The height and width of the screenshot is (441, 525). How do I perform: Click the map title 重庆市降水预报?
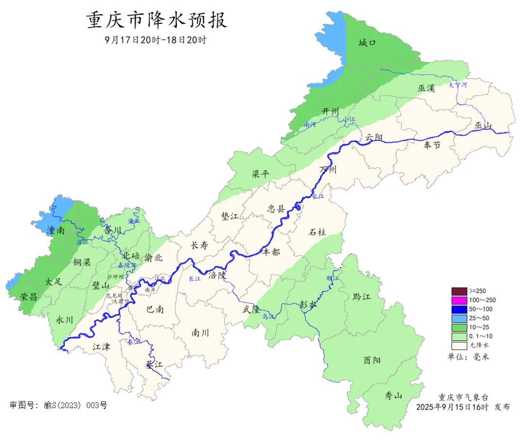click(156, 21)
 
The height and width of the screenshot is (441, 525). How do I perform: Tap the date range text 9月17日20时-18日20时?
click(156, 40)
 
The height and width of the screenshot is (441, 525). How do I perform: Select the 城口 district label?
click(367, 43)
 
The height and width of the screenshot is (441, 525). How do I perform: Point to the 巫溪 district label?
click(426, 88)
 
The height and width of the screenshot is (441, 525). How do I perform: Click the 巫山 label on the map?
click(483, 126)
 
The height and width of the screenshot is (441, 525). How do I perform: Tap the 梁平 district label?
click(260, 175)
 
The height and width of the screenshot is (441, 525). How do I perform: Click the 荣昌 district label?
click(29, 297)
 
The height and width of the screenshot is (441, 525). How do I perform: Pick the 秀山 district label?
click(394, 395)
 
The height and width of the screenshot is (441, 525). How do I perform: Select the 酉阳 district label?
click(372, 360)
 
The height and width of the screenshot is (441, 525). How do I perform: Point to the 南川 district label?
click(200, 333)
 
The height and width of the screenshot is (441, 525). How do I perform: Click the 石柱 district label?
click(317, 232)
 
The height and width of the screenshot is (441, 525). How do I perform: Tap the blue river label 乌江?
click(268, 317)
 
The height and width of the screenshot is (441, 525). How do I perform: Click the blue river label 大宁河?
click(457, 85)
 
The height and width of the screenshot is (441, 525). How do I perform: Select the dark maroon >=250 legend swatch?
click(459, 291)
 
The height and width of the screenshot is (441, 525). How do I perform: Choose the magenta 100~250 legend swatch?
click(459, 300)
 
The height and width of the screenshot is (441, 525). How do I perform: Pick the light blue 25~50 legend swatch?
click(459, 318)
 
